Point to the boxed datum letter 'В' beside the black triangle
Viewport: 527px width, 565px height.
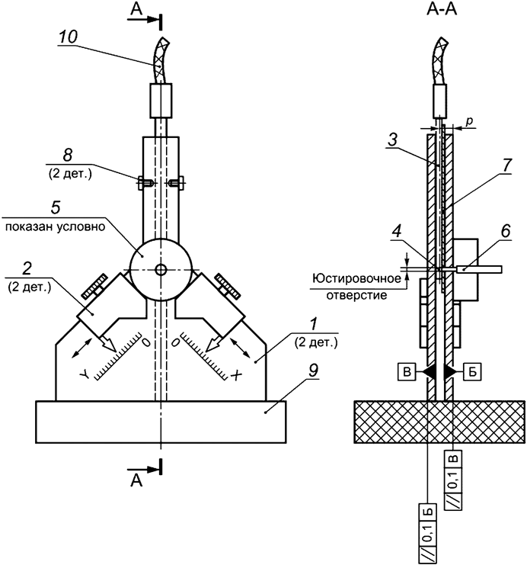tap(407, 371)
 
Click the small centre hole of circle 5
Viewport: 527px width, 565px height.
tap(160, 269)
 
